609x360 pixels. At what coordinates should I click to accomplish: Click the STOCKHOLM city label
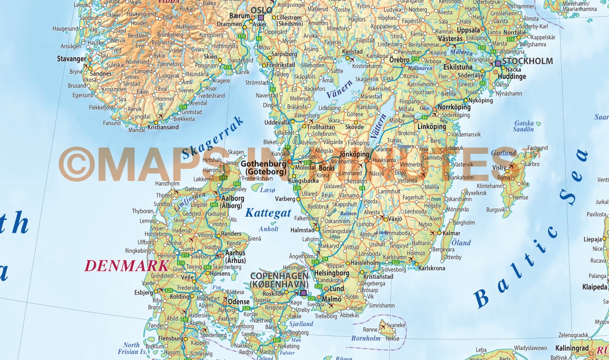pyautogui.click(x=527, y=61)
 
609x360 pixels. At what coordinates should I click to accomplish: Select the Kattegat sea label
pyautogui.click(x=268, y=213)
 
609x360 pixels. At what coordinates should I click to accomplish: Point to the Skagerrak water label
pyautogui.click(x=213, y=137)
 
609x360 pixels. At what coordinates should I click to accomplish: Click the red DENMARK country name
pyautogui.click(x=126, y=266)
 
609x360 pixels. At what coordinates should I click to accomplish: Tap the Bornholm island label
pyautogui.click(x=366, y=338)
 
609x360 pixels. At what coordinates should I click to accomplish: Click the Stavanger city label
pyautogui.click(x=71, y=59)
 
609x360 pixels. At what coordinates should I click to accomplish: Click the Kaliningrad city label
pyautogui.click(x=573, y=348)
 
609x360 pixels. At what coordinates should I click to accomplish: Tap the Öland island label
pyautogui.click(x=461, y=242)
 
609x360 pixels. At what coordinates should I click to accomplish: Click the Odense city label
pyautogui.click(x=239, y=302)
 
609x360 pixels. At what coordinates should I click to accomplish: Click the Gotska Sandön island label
pyautogui.click(x=524, y=126)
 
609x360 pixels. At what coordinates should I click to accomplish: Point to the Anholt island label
pyautogui.click(x=269, y=229)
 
